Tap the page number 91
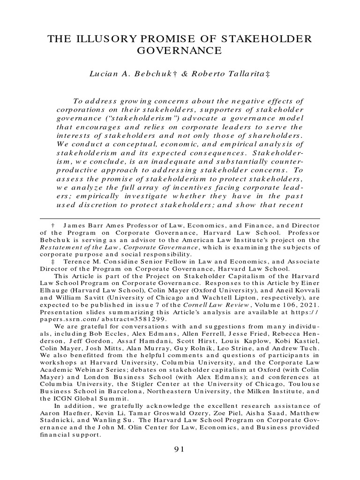(180, 449)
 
